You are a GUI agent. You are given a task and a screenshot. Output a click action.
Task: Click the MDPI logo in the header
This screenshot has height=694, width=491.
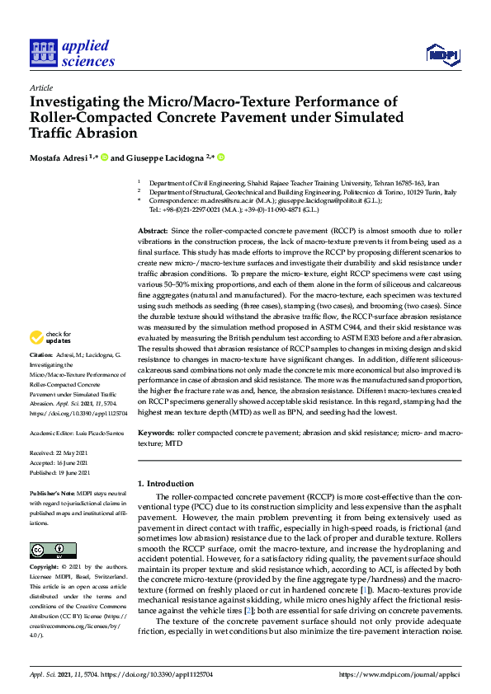point(441,55)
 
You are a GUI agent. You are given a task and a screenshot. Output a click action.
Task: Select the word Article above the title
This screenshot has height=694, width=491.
point(40,87)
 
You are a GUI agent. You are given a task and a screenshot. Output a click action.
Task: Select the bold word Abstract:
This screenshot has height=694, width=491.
point(154,232)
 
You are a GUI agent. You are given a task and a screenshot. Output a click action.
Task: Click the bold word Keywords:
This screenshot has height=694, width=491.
point(157,432)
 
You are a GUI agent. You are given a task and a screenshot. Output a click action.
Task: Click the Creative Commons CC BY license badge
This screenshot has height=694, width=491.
point(53,550)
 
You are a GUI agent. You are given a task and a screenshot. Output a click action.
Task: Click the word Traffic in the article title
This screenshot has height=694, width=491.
point(54,132)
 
